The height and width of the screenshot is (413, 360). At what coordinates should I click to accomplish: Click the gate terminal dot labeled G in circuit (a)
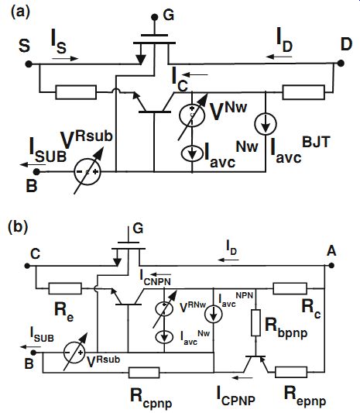[x=155, y=17]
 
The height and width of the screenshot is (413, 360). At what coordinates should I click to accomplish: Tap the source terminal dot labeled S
[x=29, y=64]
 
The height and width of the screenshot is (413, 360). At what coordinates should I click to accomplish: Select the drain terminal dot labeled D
[x=341, y=64]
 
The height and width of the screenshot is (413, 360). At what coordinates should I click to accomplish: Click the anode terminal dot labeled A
[x=331, y=265]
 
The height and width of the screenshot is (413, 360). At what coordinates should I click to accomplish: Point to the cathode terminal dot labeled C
[x=27, y=266]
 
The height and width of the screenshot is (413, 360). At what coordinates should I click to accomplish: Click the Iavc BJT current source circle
[x=266, y=124]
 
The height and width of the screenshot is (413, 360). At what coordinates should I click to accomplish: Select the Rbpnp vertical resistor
[x=255, y=322]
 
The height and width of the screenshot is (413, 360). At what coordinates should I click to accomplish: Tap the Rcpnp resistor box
[x=144, y=373]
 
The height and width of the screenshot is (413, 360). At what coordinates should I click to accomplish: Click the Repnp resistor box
[x=291, y=372]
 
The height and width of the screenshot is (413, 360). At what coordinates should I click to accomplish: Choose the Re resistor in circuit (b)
[x=65, y=288]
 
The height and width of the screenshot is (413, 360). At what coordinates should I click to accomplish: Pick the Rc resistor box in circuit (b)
[x=290, y=288]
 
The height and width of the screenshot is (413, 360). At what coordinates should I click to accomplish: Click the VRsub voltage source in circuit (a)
[x=87, y=171]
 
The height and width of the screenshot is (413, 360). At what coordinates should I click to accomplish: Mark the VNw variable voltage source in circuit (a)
[x=192, y=115]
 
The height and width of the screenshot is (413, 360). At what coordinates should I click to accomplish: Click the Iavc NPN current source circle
[x=213, y=315]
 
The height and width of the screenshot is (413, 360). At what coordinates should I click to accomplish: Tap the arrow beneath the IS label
[x=65, y=58]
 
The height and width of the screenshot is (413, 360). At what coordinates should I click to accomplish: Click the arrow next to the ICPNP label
[x=242, y=377]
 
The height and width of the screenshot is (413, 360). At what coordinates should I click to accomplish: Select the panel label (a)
[x=20, y=12]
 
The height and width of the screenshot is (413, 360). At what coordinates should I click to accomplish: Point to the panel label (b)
[x=18, y=227]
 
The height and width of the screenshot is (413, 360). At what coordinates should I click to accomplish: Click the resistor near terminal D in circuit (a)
[x=303, y=92]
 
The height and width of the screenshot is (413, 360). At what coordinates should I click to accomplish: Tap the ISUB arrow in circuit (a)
[x=33, y=165]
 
